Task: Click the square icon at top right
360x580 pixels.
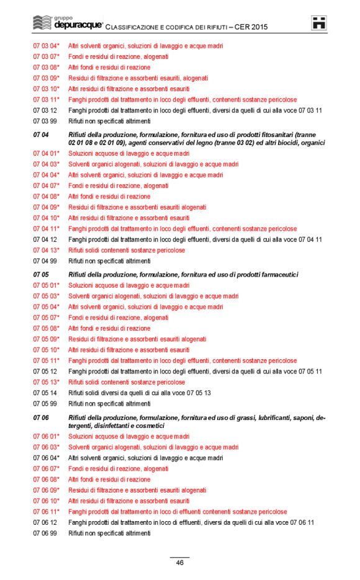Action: [319, 24]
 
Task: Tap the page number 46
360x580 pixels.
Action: [179, 563]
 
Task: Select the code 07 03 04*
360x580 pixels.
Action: [47, 46]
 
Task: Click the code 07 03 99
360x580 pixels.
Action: [45, 121]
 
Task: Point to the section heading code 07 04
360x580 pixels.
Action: [41, 135]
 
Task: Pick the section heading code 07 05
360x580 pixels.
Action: [41, 274]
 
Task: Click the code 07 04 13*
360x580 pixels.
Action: [47, 250]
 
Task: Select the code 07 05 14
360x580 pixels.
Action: [45, 393]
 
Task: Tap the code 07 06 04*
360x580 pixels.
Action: [47, 458]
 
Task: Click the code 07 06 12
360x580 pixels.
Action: [45, 522]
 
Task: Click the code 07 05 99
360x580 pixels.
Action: [45, 403]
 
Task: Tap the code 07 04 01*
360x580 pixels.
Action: [47, 153]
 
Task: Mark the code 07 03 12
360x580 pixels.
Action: [45, 110]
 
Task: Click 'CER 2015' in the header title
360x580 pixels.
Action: [253, 27]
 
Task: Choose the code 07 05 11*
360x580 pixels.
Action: [47, 360]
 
